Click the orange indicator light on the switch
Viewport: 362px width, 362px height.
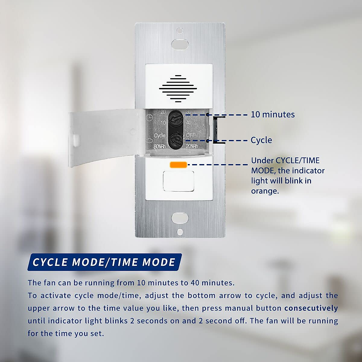[178, 164]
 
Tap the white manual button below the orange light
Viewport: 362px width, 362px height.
[178, 181]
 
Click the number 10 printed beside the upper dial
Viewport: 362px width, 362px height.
[163, 123]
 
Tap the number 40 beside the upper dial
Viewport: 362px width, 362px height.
[189, 123]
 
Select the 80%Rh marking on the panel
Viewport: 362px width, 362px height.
[159, 147]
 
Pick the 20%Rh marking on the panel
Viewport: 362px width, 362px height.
[192, 146]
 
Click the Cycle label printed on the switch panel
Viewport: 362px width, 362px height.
[160, 135]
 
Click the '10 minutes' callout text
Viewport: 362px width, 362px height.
[273, 114]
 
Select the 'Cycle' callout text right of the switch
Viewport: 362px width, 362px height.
[261, 140]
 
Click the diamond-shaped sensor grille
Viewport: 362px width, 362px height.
[178, 88]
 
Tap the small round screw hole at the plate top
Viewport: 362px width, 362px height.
[180, 30]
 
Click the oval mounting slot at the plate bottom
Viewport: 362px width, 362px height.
[180, 218]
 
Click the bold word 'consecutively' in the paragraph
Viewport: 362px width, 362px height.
[311, 308]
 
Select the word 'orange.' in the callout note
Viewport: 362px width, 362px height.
[265, 191]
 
